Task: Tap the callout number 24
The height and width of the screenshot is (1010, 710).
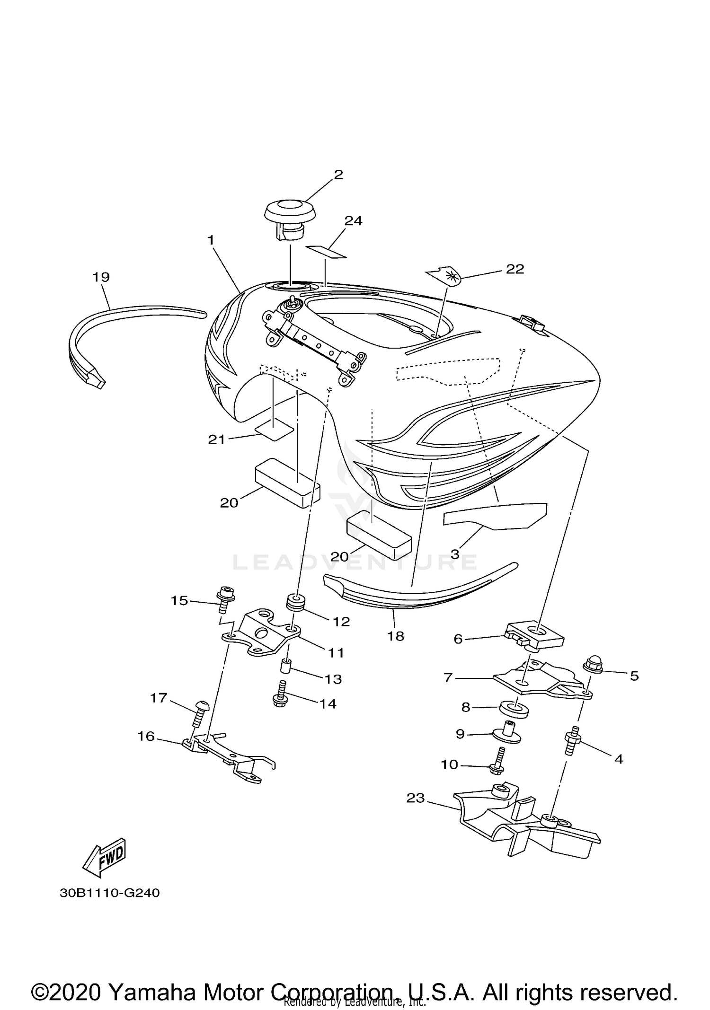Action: (353, 221)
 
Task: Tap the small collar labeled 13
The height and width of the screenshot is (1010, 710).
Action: (286, 666)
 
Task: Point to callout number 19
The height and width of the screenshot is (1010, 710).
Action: (101, 277)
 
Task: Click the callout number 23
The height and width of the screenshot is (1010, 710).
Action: (416, 798)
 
